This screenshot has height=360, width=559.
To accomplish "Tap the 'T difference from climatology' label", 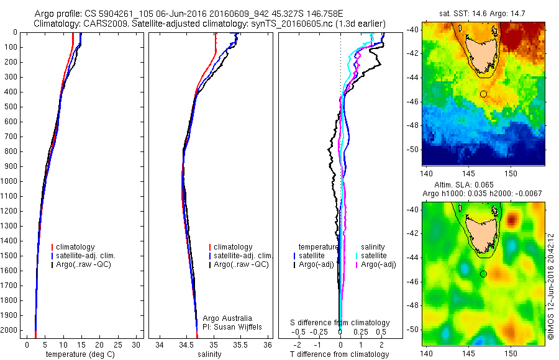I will tap(340, 354).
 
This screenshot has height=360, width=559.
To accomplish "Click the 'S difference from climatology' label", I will tap(340, 323).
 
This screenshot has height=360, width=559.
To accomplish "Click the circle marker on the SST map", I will tap(483, 94).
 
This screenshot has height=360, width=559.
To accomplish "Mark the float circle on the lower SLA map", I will tap(483, 274).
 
